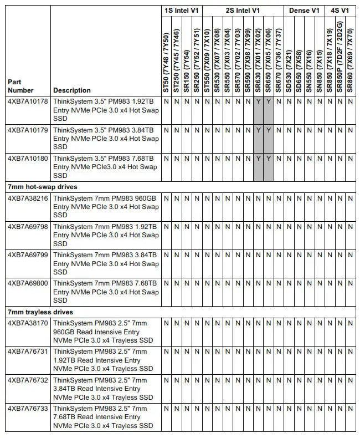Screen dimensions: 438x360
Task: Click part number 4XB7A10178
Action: point(28,101)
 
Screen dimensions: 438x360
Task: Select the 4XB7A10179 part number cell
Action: point(28,130)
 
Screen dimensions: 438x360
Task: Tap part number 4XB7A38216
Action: point(28,198)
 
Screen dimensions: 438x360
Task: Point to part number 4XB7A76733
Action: point(28,409)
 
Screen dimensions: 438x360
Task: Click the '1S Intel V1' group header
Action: point(181,11)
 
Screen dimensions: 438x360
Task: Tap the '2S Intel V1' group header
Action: point(243,11)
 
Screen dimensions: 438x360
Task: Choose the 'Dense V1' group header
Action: point(304,11)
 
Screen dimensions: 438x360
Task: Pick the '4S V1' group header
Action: point(340,11)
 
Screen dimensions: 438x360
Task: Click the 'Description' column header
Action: point(72,90)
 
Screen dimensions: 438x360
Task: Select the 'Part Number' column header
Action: point(21,86)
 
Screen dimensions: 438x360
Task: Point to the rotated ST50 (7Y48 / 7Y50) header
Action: point(166,61)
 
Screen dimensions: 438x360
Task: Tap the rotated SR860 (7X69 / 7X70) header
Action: point(350,61)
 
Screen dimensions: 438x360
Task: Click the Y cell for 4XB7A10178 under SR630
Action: point(259,101)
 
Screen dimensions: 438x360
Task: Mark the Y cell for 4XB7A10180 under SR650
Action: point(269,158)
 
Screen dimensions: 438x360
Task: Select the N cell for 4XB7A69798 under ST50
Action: point(166,227)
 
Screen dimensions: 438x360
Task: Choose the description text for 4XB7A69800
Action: point(105,292)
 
